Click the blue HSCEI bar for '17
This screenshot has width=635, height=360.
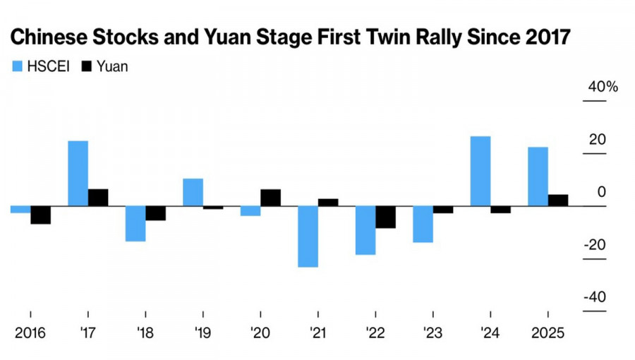(x=78, y=174)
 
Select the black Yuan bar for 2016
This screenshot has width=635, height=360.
(x=40, y=215)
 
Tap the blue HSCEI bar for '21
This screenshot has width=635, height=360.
(x=308, y=236)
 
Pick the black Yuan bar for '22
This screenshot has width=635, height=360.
(x=385, y=217)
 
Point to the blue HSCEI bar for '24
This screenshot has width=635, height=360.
(x=480, y=171)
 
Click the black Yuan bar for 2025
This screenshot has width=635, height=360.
(x=557, y=200)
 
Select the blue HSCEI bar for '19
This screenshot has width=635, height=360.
(x=193, y=192)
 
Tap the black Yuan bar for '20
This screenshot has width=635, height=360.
(x=270, y=198)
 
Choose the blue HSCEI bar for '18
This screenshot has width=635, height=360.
(x=135, y=224)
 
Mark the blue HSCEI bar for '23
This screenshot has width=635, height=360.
(x=423, y=224)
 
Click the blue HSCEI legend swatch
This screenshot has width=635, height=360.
(x=17, y=66)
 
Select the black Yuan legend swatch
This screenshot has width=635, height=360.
(x=88, y=66)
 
